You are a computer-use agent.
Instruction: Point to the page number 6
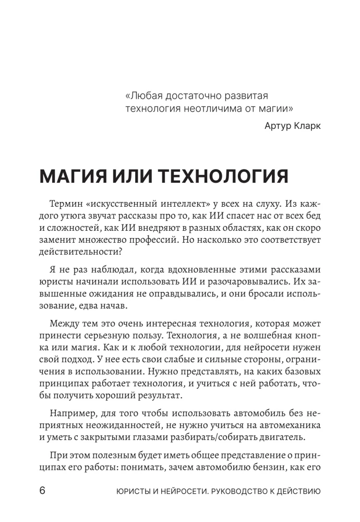[42, 491]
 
